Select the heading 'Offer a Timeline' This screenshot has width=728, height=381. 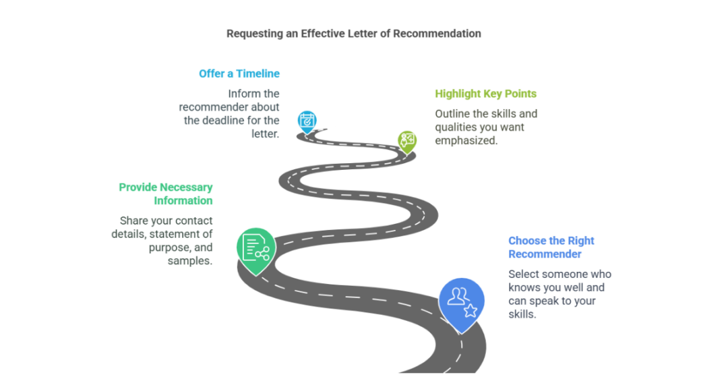coord(239,74)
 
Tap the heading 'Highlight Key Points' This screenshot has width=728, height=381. coord(485,94)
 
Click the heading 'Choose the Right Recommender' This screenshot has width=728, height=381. coord(551,247)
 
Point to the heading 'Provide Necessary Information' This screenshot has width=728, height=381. coord(165,194)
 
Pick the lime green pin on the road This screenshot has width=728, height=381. coord(406,140)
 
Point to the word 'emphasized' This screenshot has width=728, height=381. coord(466,140)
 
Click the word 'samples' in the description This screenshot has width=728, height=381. coord(190,260)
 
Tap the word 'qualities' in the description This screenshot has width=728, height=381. coord(456,127)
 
